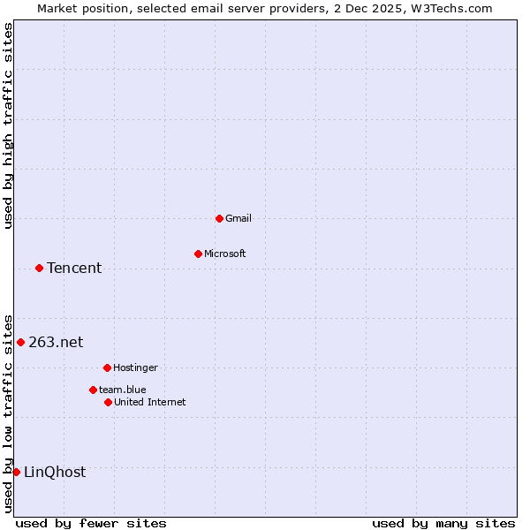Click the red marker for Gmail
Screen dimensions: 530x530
[x=219, y=218]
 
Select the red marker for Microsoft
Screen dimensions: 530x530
[x=198, y=254]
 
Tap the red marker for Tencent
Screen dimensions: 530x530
[x=39, y=268]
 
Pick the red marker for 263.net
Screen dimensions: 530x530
[x=20, y=342]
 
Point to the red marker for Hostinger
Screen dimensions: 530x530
[x=107, y=367]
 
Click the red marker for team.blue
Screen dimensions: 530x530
[x=93, y=390]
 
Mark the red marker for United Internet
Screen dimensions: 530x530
[x=108, y=402]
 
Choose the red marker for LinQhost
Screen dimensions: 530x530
[x=16, y=472]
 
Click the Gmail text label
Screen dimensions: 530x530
[x=238, y=218]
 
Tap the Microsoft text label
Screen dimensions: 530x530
[x=225, y=254]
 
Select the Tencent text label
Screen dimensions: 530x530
[x=74, y=268]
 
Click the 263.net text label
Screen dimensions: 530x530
[x=56, y=342]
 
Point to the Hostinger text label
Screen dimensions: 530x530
[x=135, y=367]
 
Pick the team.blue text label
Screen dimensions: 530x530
[x=123, y=390]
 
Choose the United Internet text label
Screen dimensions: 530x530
[x=150, y=402]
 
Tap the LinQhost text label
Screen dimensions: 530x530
[x=55, y=472]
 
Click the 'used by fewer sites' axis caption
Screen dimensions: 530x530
[x=91, y=523]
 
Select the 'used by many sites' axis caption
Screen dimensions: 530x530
[x=443, y=523]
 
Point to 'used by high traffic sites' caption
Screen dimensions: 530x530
[x=8, y=125]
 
